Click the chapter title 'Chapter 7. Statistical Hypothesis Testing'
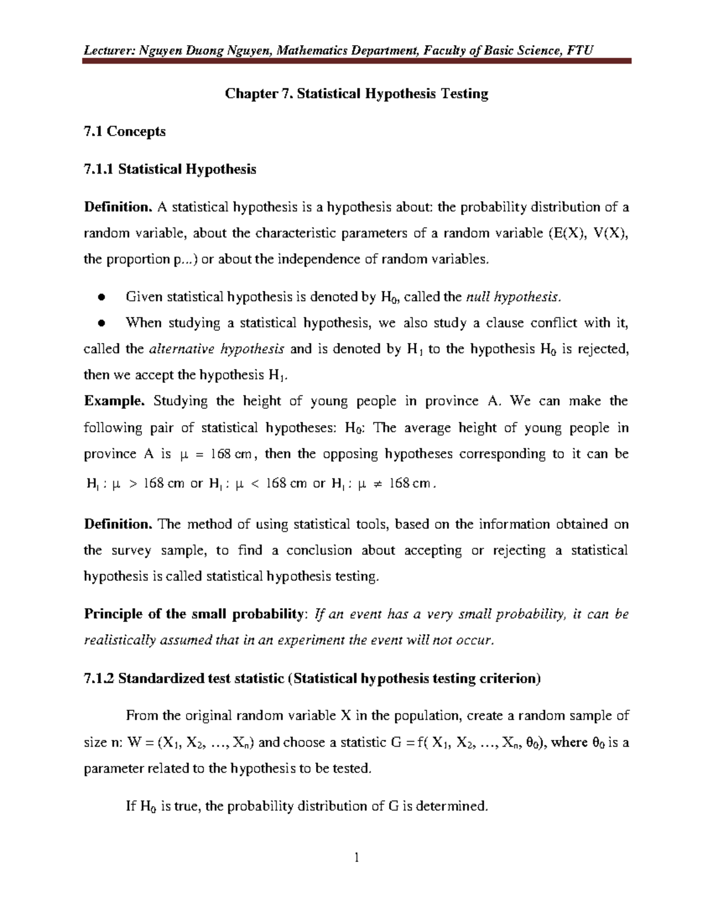coord(356,94)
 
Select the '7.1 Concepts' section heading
coord(125,131)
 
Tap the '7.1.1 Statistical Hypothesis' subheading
coord(170,169)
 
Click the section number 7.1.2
coord(99,679)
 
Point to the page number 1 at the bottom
coord(356,858)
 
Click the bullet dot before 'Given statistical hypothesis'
coord(102,297)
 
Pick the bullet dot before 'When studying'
coord(102,323)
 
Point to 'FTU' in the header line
coord(580,50)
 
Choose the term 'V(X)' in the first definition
coord(611,233)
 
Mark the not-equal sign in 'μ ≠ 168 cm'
coord(376,484)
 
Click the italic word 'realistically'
coord(120,640)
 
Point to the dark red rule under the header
coord(356,61)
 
